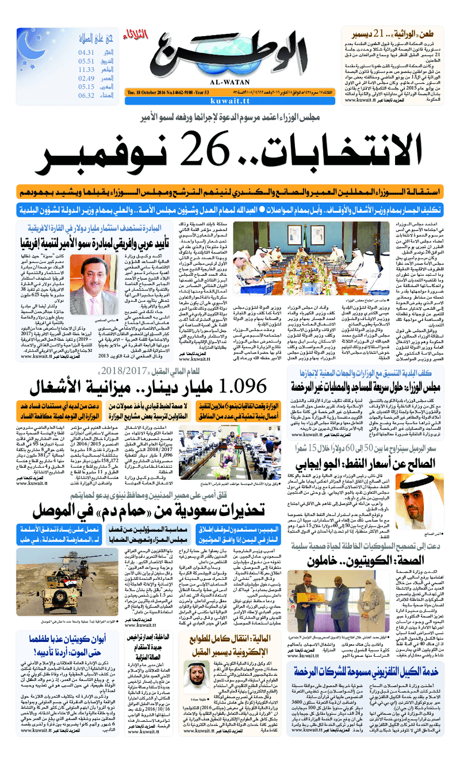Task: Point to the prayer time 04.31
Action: pyautogui.click(x=86, y=53)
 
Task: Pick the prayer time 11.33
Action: pyautogui.click(x=86, y=70)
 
